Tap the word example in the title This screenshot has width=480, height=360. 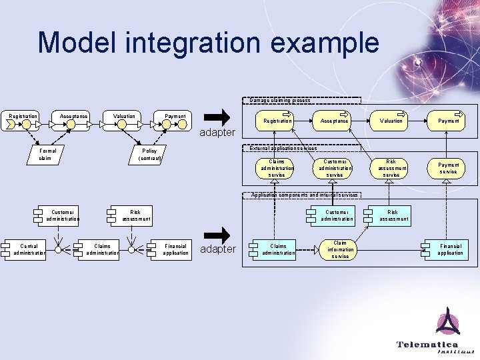click(325, 43)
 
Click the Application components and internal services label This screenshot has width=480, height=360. click(304, 195)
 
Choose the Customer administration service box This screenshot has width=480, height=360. click(335, 168)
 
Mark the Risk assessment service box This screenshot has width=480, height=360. click(391, 168)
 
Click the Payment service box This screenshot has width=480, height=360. click(448, 168)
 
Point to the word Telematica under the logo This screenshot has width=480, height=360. click(427, 344)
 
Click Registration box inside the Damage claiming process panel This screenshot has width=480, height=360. click(277, 121)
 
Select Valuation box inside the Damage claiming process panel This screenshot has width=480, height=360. click(391, 121)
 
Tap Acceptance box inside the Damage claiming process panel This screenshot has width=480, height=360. click(335, 121)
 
